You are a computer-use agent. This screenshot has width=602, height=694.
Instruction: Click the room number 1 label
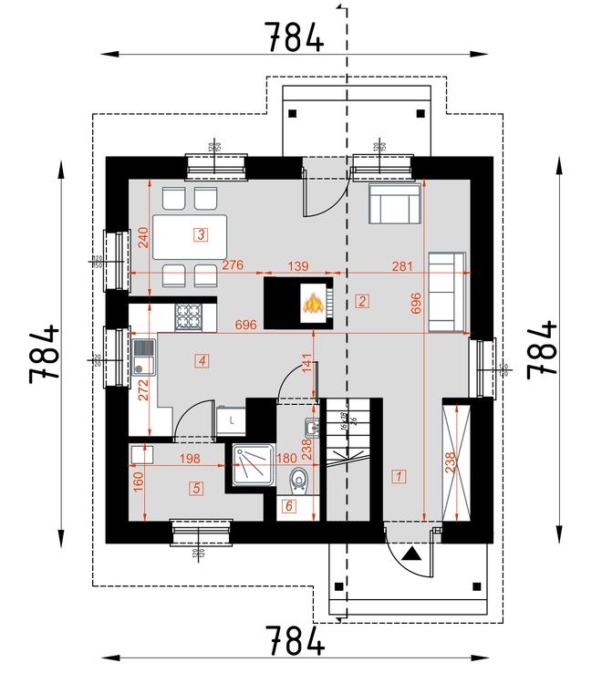399,474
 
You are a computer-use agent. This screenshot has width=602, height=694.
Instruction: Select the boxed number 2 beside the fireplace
362,301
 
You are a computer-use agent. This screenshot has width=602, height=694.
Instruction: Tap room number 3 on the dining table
201,235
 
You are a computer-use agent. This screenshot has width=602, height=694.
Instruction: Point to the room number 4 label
202,361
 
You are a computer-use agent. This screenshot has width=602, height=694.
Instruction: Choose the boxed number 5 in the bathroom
197,488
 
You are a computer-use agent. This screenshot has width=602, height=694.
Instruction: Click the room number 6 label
289,505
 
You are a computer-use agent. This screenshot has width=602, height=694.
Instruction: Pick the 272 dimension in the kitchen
142,390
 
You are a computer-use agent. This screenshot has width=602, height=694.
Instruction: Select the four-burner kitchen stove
189,316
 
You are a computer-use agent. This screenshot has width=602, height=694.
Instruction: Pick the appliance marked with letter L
233,420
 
